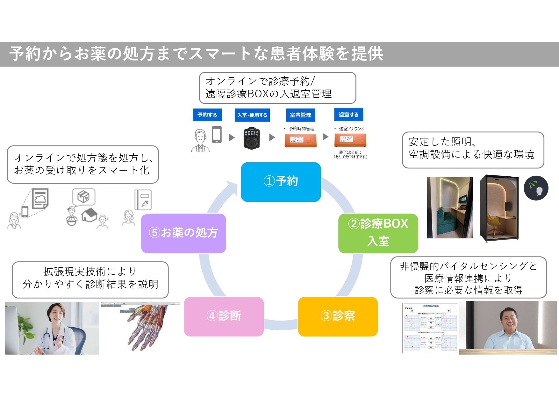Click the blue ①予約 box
coord(281,182)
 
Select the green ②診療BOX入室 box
coord(378,233)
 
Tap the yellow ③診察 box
coord(338,316)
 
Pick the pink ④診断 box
coord(224,316)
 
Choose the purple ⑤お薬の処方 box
coord(183,233)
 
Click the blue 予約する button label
coord(207,115)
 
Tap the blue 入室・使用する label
coord(252,115)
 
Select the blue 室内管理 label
coord(301,115)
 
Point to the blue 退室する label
coord(348,115)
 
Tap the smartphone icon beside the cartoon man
coord(217,134)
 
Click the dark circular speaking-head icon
coord(536,188)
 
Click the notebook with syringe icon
coord(143,200)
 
